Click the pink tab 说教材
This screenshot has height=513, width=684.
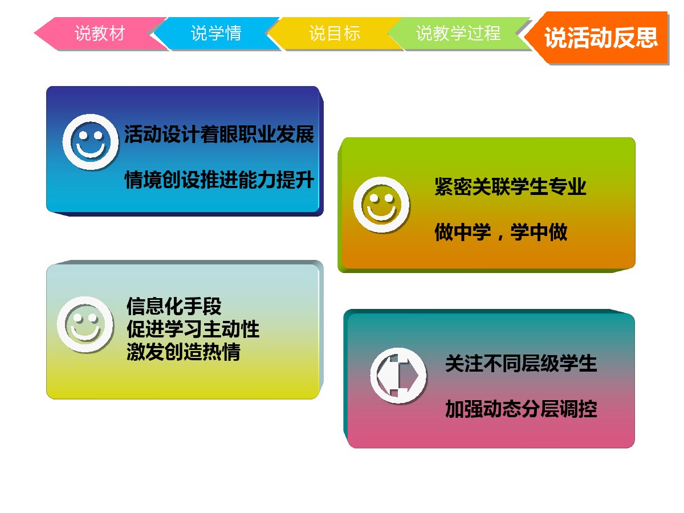100,33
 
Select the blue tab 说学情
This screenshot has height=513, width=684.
216,33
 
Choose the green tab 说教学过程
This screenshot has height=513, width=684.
458,33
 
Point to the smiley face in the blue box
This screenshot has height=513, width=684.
91,142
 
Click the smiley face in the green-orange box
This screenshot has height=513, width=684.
381,205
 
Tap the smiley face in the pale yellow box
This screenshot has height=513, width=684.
85,324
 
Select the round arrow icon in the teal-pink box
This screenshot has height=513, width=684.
398,376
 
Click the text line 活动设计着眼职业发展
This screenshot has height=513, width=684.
219,135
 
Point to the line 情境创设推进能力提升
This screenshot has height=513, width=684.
219,180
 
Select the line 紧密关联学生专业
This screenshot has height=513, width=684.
510,186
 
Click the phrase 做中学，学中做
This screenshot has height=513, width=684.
501,232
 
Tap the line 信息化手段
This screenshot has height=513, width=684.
174,306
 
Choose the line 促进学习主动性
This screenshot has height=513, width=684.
193,329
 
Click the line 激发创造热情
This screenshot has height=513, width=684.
184,352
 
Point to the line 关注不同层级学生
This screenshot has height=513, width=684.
521,363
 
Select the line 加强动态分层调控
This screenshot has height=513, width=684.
521,409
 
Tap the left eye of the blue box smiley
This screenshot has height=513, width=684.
83,135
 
